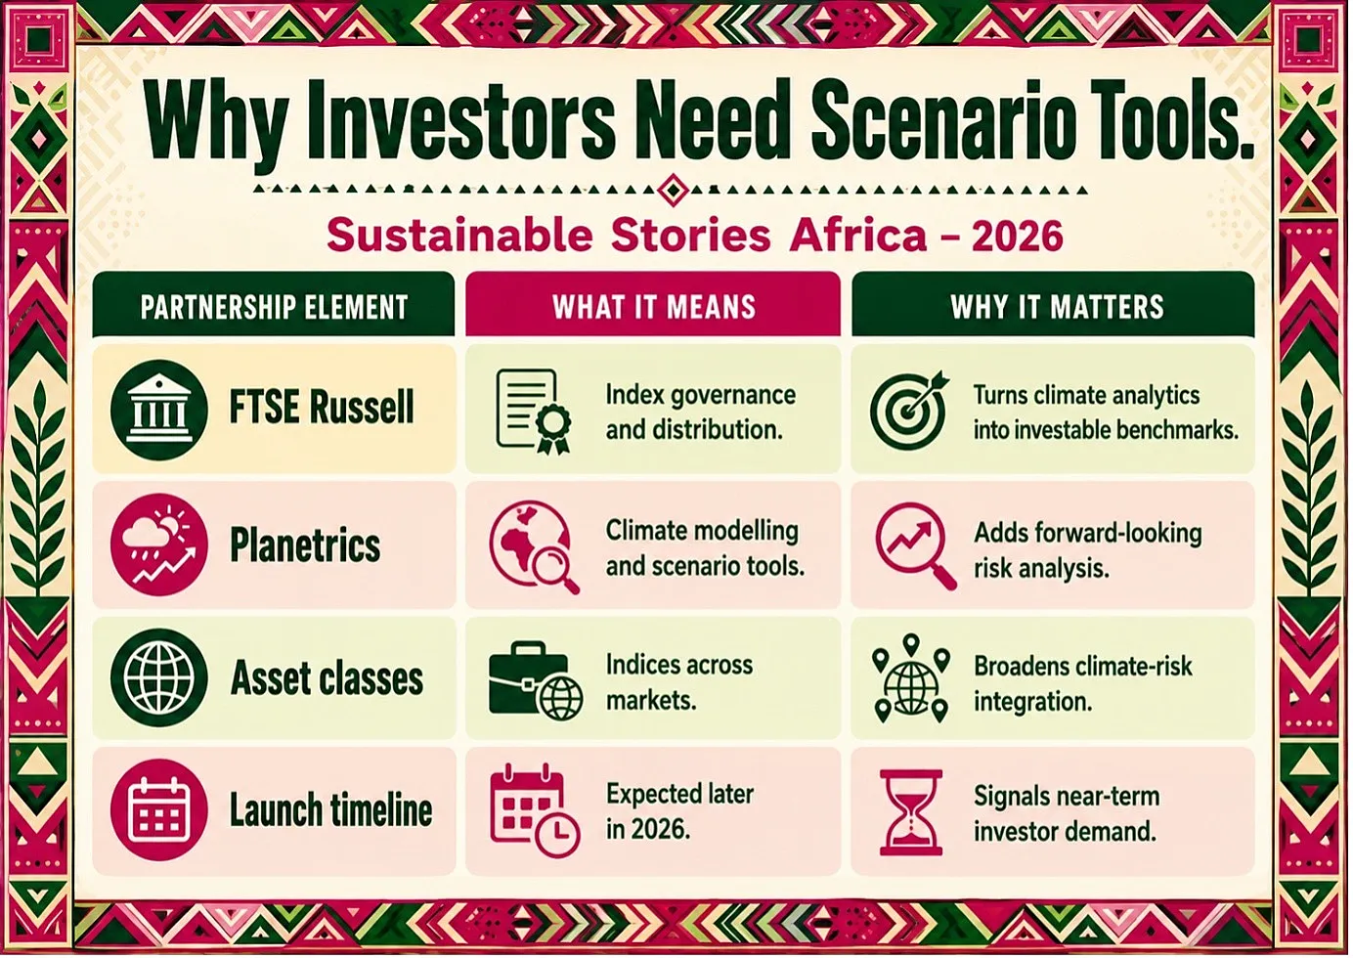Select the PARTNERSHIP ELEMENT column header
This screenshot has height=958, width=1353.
[275, 306]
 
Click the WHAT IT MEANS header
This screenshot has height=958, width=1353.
[654, 306]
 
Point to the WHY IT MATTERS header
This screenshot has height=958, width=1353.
[1057, 306]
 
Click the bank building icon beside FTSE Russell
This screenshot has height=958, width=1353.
[159, 410]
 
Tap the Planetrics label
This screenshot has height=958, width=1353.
[305, 544]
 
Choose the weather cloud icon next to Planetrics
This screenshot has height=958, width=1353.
[159, 544]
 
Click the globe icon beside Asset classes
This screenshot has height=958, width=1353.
[159, 677]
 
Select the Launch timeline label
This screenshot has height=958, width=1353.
[331, 810]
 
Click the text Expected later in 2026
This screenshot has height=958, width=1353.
[680, 811]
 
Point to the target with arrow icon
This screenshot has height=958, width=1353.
[909, 411]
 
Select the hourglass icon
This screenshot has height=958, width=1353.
[911, 812]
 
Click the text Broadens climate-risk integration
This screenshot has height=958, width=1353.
[1083, 683]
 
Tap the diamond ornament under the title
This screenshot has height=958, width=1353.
[673, 191]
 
